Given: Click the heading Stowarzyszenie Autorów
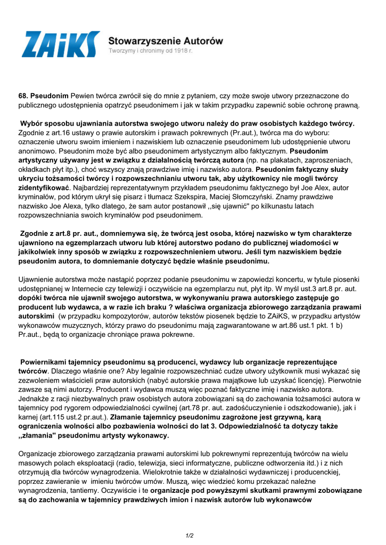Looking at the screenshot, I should coord(166,40).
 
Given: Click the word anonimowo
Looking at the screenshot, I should coord(38,151).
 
